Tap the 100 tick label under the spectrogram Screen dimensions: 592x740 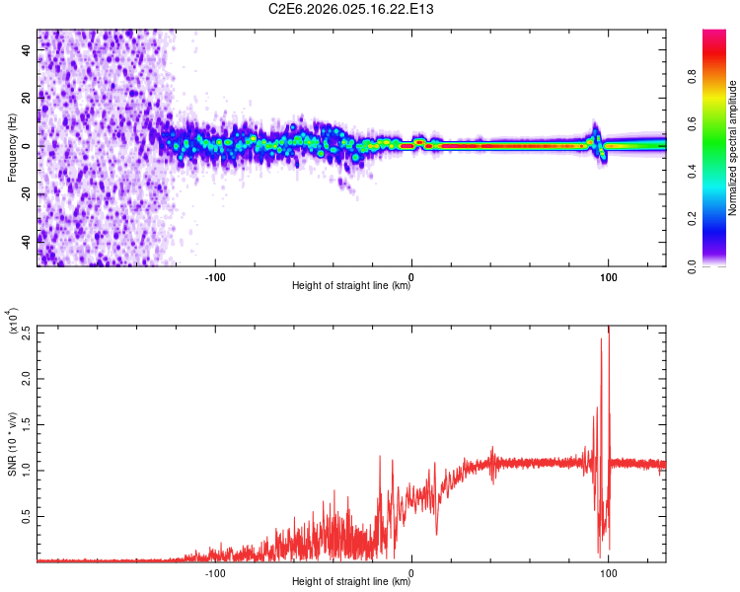click(609, 275)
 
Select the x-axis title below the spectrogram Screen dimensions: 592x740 click(351, 286)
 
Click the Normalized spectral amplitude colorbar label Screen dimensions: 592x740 click(732, 148)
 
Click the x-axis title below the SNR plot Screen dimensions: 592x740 click(351, 582)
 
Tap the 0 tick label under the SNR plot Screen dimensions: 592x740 click(411, 571)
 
